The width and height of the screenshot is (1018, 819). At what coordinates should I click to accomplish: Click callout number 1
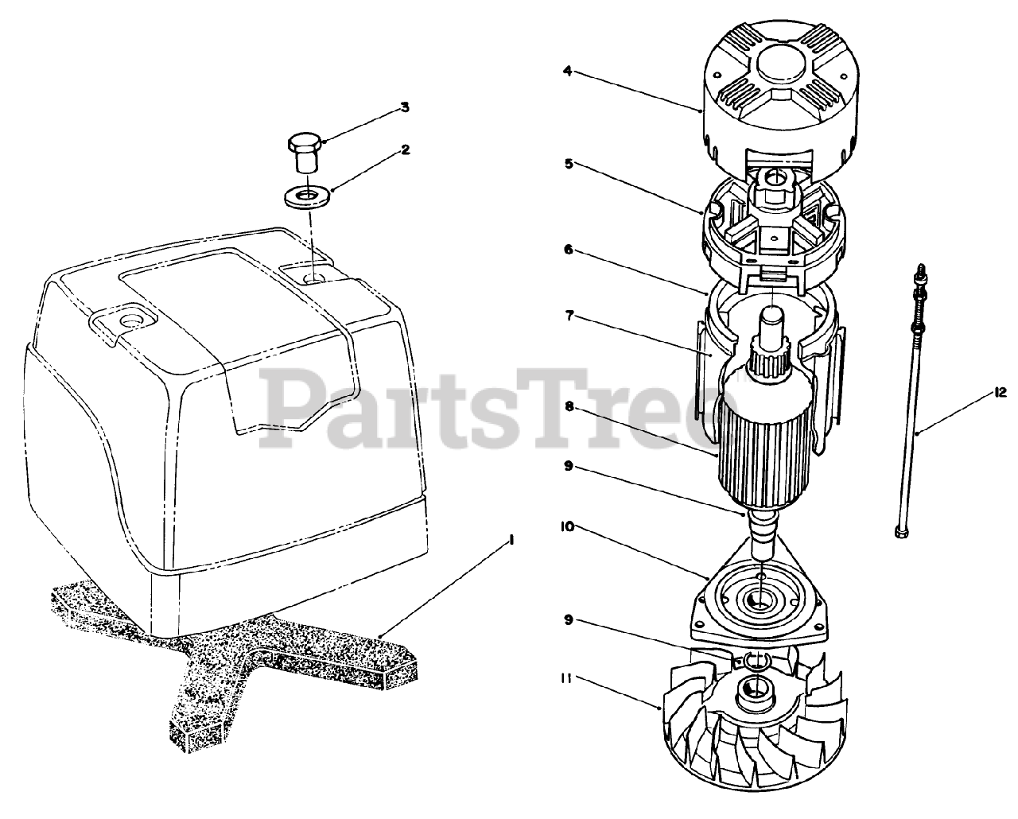point(510,541)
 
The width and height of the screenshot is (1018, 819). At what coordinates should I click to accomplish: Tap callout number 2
point(405,149)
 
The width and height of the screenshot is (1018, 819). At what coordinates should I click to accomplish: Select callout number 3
point(405,107)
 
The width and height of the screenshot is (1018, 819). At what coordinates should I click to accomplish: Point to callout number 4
point(568,71)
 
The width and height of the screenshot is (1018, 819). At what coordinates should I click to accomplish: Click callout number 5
point(568,164)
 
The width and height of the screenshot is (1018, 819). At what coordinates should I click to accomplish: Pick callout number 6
point(569,250)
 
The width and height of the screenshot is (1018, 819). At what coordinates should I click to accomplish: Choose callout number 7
point(569,316)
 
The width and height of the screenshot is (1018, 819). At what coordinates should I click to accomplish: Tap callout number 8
point(569,406)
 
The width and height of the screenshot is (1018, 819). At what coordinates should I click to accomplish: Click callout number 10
point(567,526)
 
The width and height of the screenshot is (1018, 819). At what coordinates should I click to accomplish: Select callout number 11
point(565,679)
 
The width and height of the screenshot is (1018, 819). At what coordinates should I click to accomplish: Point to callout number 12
point(1001,393)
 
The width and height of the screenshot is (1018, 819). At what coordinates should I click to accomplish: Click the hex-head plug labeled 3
point(305,153)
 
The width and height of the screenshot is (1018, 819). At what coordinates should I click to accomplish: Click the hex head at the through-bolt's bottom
point(900,533)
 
